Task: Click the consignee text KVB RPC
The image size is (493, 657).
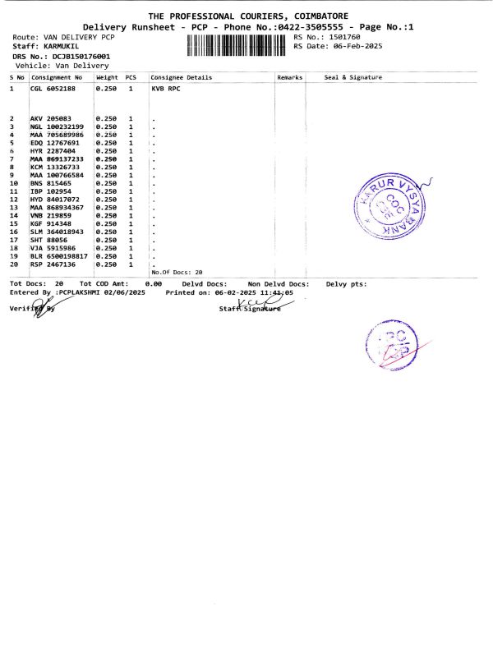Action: click(166, 86)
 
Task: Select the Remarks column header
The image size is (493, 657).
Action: click(290, 77)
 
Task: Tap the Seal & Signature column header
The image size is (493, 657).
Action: click(353, 77)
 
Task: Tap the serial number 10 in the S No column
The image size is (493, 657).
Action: click(13, 183)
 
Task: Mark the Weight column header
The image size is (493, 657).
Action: click(108, 77)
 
